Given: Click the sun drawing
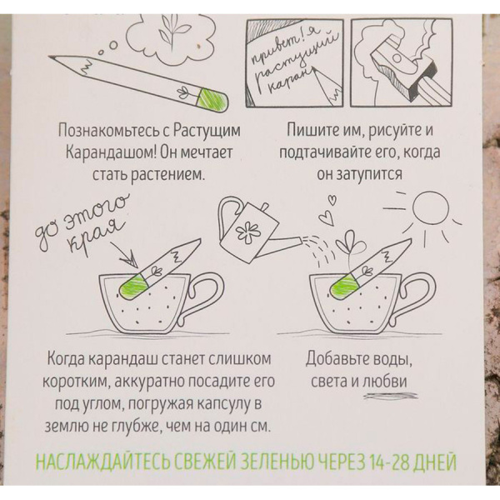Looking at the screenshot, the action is pyautogui.click(x=430, y=209).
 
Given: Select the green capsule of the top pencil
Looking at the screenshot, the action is pyautogui.click(x=212, y=100).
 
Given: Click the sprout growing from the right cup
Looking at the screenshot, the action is pyautogui.click(x=349, y=247).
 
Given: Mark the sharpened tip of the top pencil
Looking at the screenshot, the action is pyautogui.click(x=51, y=57).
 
